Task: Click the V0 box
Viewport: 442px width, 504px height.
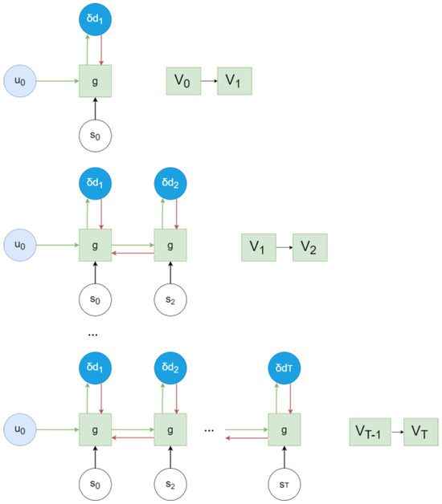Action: (x=182, y=81)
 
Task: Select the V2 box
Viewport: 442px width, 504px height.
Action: (x=309, y=248)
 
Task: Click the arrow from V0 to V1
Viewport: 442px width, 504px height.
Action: (x=209, y=81)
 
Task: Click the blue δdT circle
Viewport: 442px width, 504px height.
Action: (x=284, y=368)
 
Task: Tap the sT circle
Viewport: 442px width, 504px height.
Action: (x=284, y=484)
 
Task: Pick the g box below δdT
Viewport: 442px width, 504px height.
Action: (x=284, y=430)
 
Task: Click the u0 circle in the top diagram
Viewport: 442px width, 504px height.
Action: (x=18, y=81)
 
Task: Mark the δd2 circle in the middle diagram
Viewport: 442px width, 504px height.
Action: (x=170, y=183)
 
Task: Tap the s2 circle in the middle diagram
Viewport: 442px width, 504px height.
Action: (x=170, y=299)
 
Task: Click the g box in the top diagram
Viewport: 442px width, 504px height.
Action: (x=95, y=81)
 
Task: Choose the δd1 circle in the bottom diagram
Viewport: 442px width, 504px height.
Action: (x=95, y=368)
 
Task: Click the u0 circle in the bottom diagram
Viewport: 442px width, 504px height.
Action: (x=18, y=430)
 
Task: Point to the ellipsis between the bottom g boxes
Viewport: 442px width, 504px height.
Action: (x=209, y=431)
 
